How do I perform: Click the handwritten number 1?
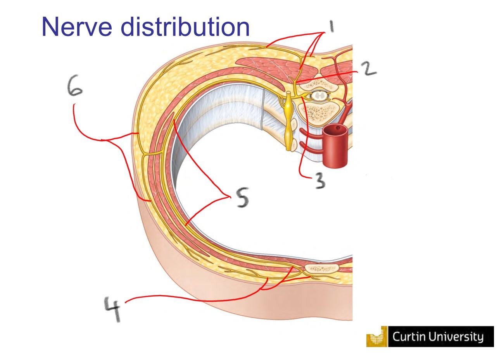(330, 28)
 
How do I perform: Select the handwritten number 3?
(319, 180)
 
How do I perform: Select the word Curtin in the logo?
(410, 337)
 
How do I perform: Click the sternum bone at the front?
(321, 268)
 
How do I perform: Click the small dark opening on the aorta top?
(338, 127)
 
